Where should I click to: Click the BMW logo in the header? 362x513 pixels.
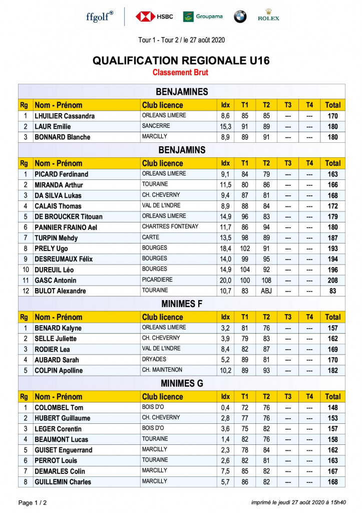[240, 17]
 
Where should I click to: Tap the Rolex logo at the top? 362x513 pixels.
[268, 15]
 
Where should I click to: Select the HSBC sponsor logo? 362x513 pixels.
[154, 17]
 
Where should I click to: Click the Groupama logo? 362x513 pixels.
[203, 17]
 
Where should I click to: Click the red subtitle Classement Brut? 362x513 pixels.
[181, 73]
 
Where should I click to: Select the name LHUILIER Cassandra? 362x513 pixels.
[65, 116]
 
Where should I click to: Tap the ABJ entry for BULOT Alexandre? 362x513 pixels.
[266, 291]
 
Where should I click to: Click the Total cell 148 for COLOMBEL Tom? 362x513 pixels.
[332, 408]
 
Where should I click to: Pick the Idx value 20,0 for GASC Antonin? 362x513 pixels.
[226, 281]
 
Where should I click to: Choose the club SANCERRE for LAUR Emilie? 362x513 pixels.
[156, 126]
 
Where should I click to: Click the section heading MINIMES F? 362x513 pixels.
[181, 304]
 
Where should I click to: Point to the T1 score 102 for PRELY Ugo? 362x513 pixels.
[245, 248]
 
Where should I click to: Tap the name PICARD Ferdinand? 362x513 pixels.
[61, 174]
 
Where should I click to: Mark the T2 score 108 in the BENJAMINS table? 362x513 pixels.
[266, 281]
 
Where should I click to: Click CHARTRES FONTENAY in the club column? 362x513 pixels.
[170, 227]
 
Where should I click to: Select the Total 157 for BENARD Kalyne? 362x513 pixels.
[332, 328]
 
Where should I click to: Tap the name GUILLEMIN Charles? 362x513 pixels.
[63, 482]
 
